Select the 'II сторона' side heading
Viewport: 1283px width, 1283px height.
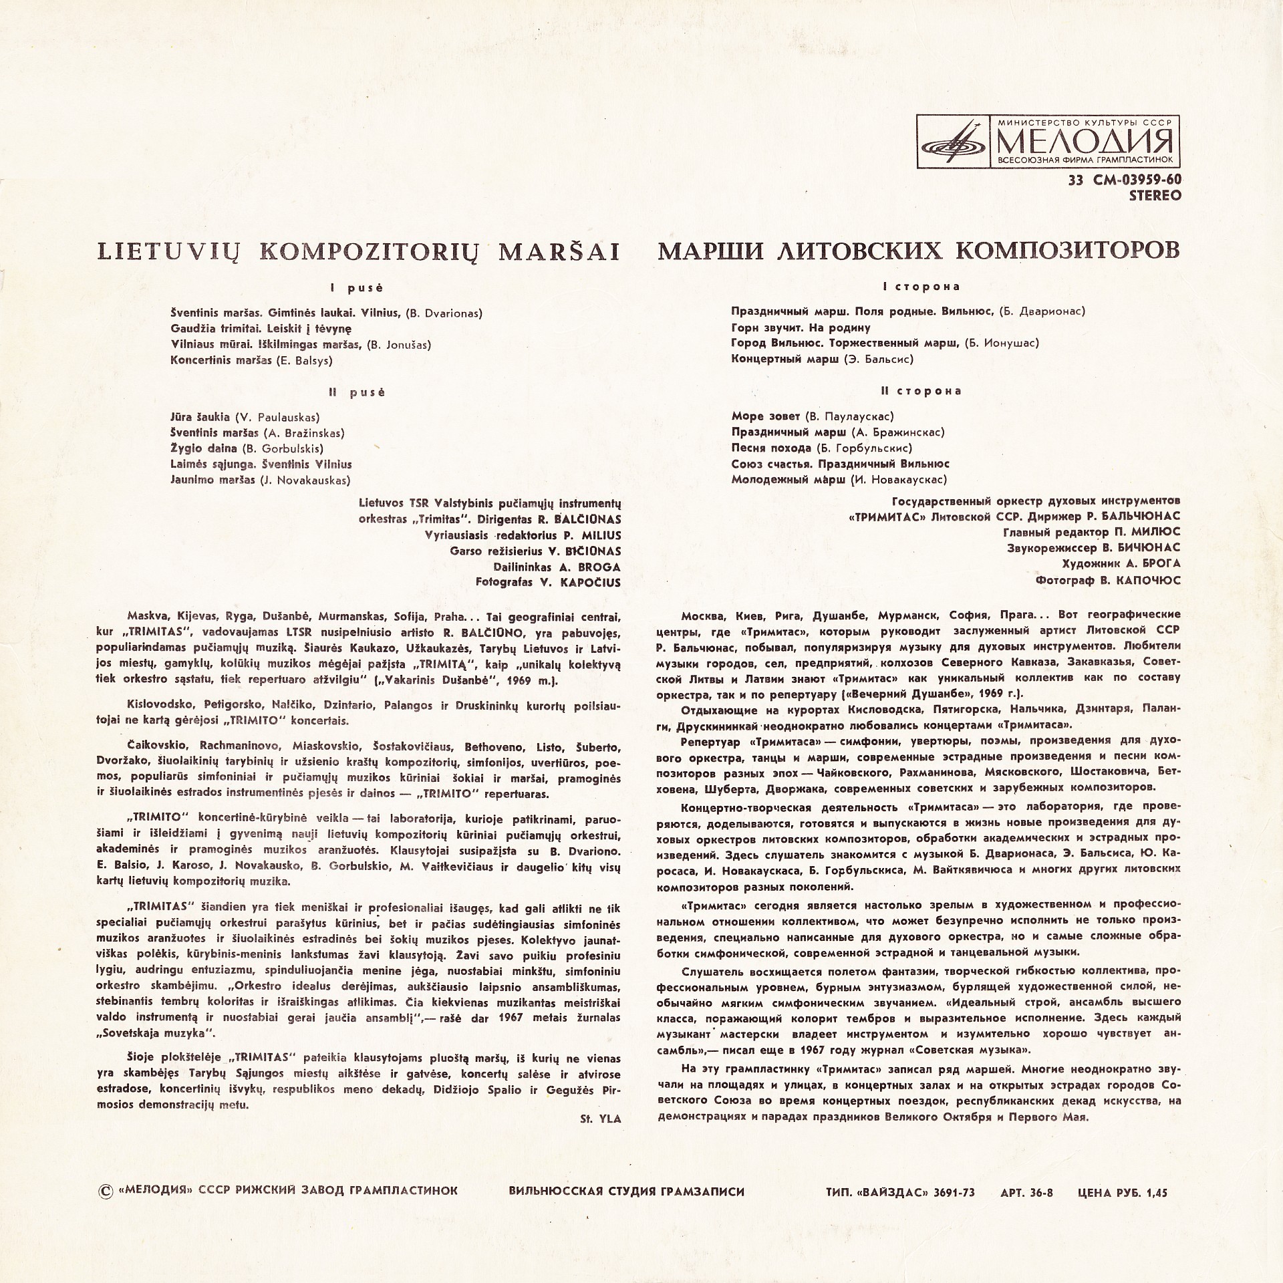coord(922,391)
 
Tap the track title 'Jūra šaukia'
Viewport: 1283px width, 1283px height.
coord(200,416)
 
